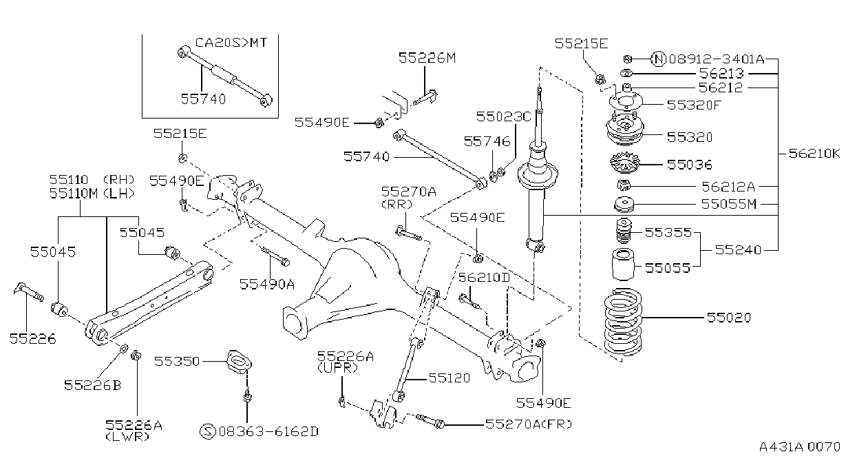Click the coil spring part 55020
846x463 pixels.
click(622, 322)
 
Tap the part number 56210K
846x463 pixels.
click(814, 154)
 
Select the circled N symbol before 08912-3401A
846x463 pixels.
click(658, 59)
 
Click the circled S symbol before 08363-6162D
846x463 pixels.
click(207, 431)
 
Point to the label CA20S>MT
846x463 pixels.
click(231, 42)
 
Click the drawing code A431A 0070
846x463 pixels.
click(800, 446)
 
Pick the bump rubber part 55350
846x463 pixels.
click(239, 364)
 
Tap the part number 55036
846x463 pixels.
click(689, 165)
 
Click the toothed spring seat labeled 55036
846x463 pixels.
click(624, 163)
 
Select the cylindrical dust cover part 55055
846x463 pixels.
click(622, 264)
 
